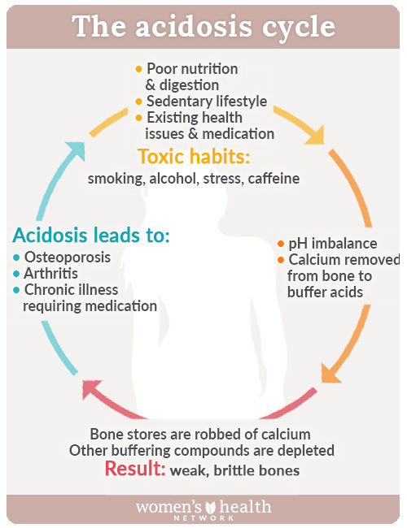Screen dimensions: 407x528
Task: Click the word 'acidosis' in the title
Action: pyautogui.click(x=194, y=26)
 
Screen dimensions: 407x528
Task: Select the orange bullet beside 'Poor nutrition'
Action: pyautogui.click(x=138, y=69)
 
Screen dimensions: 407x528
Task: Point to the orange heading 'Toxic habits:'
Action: pyautogui.click(x=194, y=156)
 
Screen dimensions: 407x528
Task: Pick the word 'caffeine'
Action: pyautogui.click(x=274, y=179)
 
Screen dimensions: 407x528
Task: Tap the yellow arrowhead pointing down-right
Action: pyautogui.click(x=315, y=136)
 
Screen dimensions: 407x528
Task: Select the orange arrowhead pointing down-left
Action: pyautogui.click(x=330, y=374)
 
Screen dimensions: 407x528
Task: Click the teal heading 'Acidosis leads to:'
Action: pyautogui.click(x=91, y=235)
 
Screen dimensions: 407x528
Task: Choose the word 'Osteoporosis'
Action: pyautogui.click(x=68, y=258)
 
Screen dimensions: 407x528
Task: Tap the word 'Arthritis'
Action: pyautogui.click(x=51, y=274)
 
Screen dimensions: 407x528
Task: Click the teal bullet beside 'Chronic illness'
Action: pyautogui.click(x=16, y=290)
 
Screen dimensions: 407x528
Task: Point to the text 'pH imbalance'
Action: pyautogui.click(x=333, y=244)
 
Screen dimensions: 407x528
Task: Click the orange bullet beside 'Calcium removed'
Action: pyautogui.click(x=281, y=260)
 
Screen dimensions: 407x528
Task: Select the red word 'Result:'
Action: pyautogui.click(x=135, y=469)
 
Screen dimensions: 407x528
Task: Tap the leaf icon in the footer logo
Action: pyautogui.click(x=211, y=507)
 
